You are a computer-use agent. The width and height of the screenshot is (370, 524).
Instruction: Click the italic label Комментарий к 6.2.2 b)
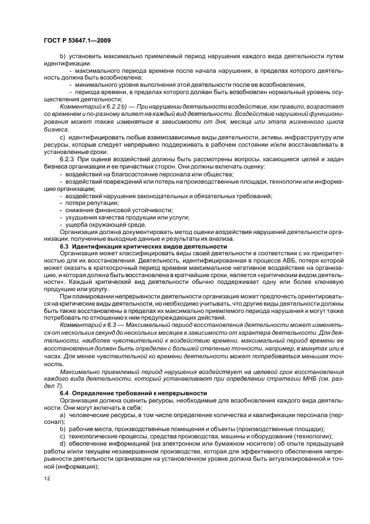pos(94,106)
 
